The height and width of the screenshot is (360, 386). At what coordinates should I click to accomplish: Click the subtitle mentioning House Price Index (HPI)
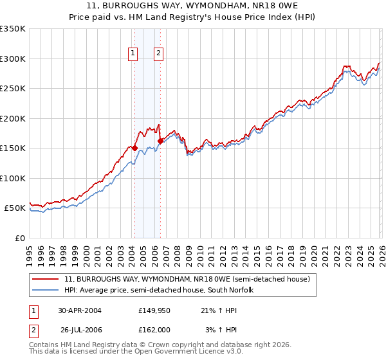click(193, 18)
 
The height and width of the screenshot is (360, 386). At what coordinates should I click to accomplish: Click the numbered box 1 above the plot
click(133, 54)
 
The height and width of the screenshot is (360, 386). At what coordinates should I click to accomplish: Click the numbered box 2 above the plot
click(158, 54)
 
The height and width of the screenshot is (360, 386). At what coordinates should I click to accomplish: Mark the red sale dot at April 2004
click(135, 148)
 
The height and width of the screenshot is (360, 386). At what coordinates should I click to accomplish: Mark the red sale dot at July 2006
click(160, 141)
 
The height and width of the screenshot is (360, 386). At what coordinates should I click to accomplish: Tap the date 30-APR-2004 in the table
click(80, 310)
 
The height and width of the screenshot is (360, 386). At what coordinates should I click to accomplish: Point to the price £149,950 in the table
click(154, 310)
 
